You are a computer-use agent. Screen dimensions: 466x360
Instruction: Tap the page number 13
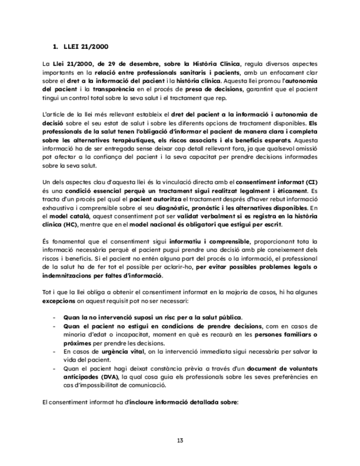coord(180,440)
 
